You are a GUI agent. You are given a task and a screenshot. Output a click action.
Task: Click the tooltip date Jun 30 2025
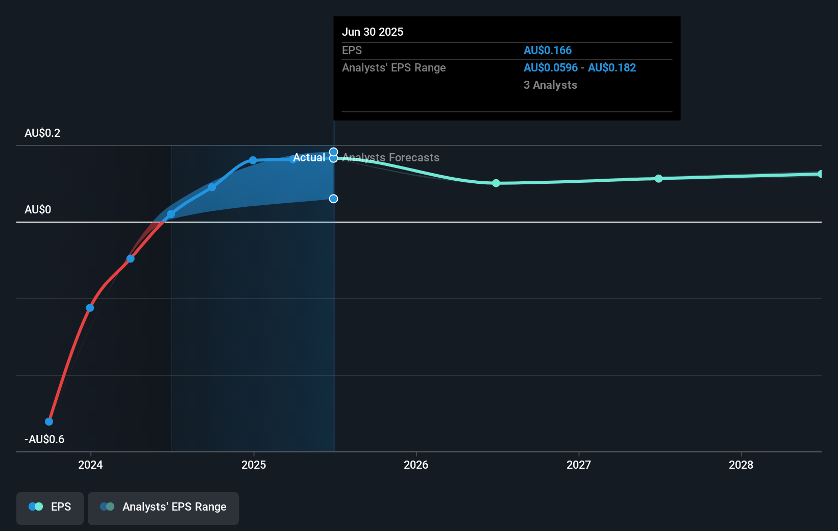[x=372, y=32]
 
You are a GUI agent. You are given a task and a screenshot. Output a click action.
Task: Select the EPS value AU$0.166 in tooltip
[x=547, y=50]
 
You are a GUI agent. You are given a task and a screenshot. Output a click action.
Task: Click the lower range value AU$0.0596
[x=550, y=67]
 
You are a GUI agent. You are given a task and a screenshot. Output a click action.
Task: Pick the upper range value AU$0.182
[x=611, y=67]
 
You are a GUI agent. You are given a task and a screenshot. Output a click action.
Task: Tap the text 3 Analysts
[x=550, y=85]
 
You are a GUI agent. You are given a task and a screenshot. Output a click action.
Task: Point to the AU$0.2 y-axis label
[x=42, y=133]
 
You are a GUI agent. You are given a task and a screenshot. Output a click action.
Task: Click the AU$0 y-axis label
[x=38, y=209]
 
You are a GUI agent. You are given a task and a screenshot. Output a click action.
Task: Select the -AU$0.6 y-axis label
[x=44, y=439]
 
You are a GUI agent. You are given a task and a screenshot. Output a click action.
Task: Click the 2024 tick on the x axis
[x=90, y=465]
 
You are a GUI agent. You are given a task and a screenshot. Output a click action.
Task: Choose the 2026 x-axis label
[x=415, y=465]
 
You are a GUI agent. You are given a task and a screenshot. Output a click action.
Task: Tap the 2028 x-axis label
[x=741, y=465]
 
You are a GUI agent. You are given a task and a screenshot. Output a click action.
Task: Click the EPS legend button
[x=50, y=507]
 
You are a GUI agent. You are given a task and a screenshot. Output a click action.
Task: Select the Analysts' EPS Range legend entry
[x=163, y=507]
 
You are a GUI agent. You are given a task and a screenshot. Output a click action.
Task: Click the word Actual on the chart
[x=309, y=157]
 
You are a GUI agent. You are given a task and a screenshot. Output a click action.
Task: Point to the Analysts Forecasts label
[x=390, y=157]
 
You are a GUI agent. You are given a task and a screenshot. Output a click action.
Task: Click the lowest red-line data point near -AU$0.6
[x=49, y=421]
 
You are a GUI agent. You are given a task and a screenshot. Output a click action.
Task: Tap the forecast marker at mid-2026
[x=496, y=183]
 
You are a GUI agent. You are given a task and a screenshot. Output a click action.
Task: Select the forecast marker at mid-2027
[x=658, y=178]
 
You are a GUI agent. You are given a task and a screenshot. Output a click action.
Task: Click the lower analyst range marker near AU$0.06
[x=333, y=199]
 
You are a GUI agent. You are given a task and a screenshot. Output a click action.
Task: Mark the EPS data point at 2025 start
[x=253, y=160]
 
